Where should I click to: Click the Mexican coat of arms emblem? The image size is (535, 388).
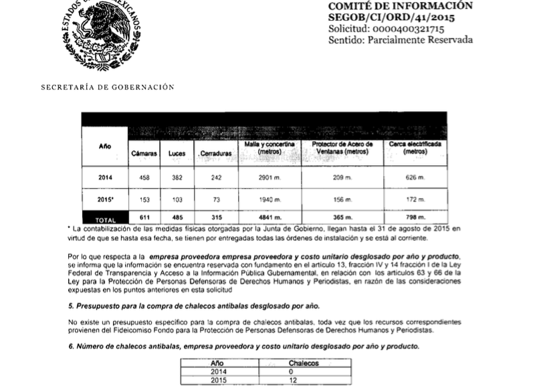[101, 31]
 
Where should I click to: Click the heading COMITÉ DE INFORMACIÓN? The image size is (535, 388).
[400, 6]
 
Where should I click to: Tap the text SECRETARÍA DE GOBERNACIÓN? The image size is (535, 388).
[108, 87]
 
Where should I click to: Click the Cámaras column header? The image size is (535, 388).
[144, 153]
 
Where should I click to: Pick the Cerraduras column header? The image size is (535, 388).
[215, 154]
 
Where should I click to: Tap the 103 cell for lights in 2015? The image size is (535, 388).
[177, 200]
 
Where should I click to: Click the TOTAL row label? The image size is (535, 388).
[105, 219]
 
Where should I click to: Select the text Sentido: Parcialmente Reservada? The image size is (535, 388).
[400, 40]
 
